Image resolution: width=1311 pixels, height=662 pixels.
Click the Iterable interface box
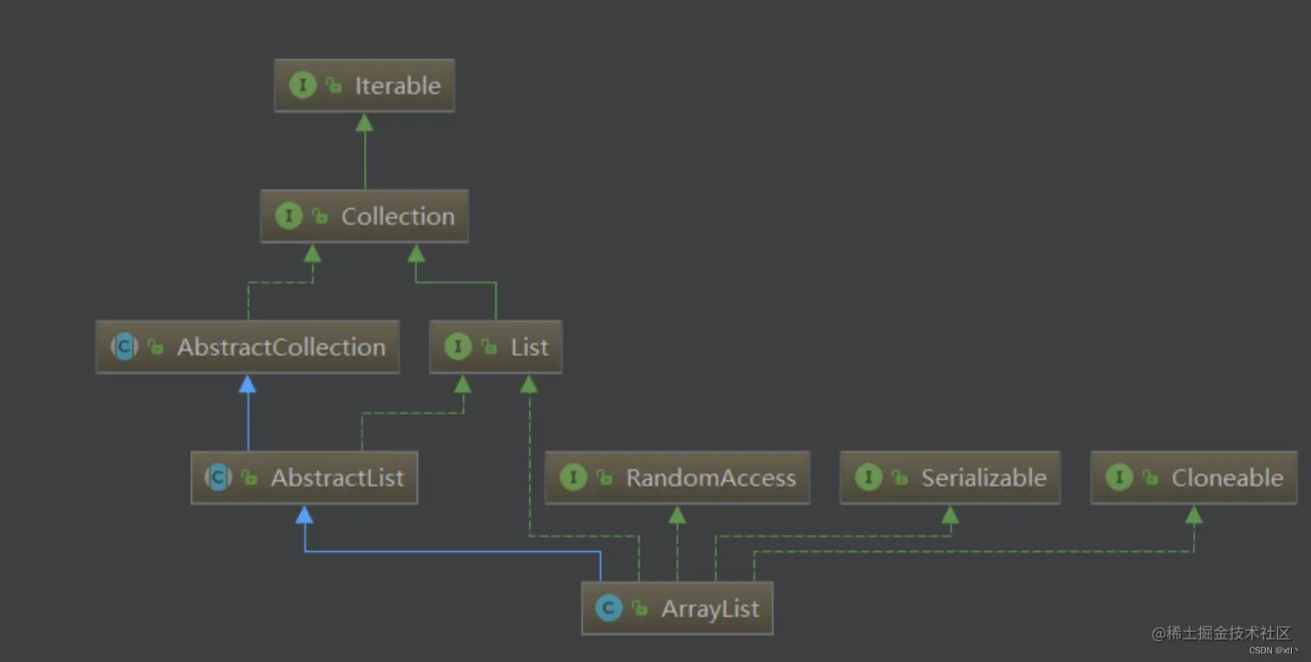(364, 86)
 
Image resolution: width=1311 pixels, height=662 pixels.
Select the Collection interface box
(364, 217)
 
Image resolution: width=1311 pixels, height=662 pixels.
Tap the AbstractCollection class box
(247, 347)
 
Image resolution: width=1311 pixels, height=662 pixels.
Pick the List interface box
(496, 347)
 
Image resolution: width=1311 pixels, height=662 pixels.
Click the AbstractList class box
(304, 477)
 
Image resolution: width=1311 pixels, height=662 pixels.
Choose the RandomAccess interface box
(677, 477)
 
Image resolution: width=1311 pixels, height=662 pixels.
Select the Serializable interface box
(949, 477)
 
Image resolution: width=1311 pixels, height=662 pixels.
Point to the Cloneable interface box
(1194, 477)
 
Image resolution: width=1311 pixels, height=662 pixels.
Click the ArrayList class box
(677, 608)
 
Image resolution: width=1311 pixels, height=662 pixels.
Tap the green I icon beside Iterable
(303, 86)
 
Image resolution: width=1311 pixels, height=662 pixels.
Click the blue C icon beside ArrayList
(609, 608)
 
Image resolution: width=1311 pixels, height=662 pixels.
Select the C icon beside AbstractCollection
(124, 347)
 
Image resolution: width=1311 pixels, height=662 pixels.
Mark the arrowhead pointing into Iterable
(365, 122)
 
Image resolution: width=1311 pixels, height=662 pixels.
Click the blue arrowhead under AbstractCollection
(248, 384)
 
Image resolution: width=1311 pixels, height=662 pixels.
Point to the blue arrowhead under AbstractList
(304, 515)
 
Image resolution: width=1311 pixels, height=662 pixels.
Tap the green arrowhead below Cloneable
(1194, 515)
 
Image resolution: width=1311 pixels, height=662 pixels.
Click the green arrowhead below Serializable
(950, 515)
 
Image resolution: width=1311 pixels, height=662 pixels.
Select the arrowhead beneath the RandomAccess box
(677, 515)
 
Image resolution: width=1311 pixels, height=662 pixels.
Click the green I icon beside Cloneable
(1119, 477)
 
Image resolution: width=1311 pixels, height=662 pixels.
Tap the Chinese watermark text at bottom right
(1221, 633)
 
